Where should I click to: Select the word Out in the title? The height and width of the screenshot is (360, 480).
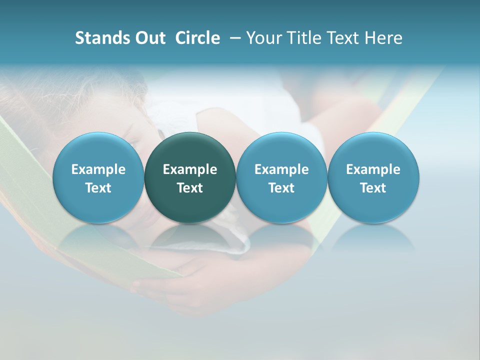pyautogui.click(x=148, y=38)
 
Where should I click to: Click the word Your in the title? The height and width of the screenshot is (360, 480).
pyautogui.click(x=263, y=38)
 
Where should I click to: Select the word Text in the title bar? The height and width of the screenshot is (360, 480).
pyautogui.click(x=342, y=38)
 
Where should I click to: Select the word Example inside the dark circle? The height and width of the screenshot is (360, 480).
pyautogui.click(x=190, y=169)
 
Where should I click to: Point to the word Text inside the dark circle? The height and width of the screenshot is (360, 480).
pyautogui.click(x=190, y=188)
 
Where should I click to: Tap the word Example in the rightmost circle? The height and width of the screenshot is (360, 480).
pyautogui.click(x=373, y=169)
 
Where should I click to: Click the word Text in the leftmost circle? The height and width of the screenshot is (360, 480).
pyautogui.click(x=98, y=188)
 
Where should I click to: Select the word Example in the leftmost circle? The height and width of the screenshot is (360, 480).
pyautogui.click(x=98, y=169)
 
